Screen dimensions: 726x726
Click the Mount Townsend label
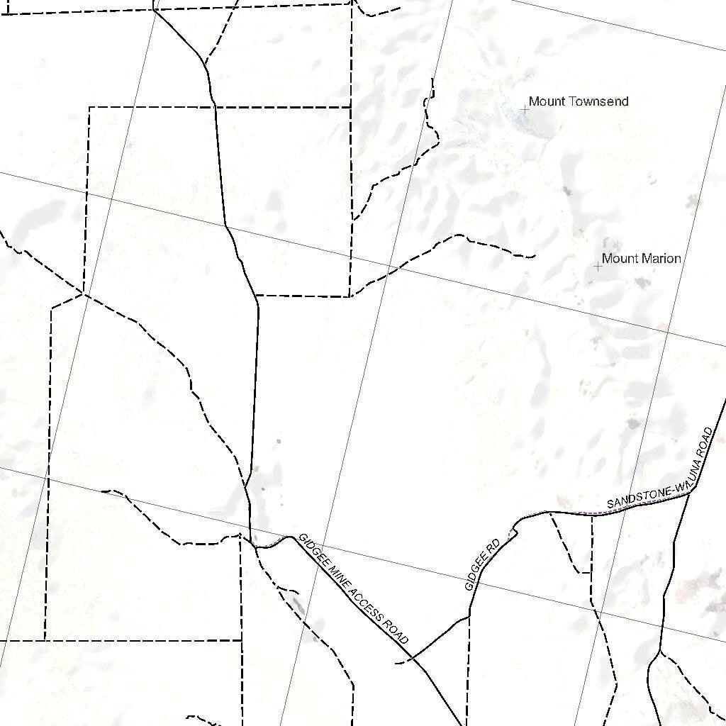click(x=578, y=101)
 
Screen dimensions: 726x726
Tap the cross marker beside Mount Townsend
click(x=525, y=109)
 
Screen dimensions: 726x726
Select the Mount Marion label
click(x=641, y=259)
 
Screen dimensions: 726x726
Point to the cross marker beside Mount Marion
click(x=598, y=267)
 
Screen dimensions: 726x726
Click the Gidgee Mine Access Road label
click(x=354, y=588)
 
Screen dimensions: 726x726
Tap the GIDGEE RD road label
click(x=482, y=565)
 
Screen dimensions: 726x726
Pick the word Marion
click(x=661, y=259)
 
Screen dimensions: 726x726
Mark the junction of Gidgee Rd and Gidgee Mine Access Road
click(x=413, y=658)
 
